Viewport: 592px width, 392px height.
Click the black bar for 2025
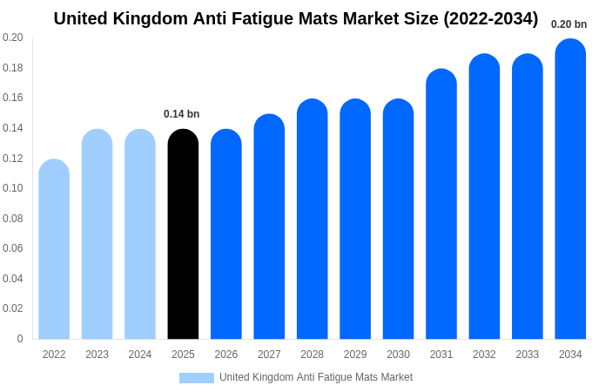183,235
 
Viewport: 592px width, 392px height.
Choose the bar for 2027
269,227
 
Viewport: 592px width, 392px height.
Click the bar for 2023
97,235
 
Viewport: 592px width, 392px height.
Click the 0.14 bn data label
181,114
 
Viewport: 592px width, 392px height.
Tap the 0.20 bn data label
568,24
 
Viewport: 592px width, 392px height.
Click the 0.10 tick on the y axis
13,188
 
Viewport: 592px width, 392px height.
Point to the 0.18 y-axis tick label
13,68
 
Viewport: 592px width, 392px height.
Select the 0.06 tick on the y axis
13,248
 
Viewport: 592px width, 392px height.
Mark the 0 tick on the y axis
19,339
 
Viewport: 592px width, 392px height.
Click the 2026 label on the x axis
226,355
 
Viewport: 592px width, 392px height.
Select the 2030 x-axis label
398,355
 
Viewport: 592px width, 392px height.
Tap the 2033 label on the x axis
527,355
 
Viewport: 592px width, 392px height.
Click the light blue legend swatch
196,378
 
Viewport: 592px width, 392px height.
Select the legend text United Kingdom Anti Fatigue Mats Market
316,377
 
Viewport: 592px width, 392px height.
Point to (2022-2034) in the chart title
491,18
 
